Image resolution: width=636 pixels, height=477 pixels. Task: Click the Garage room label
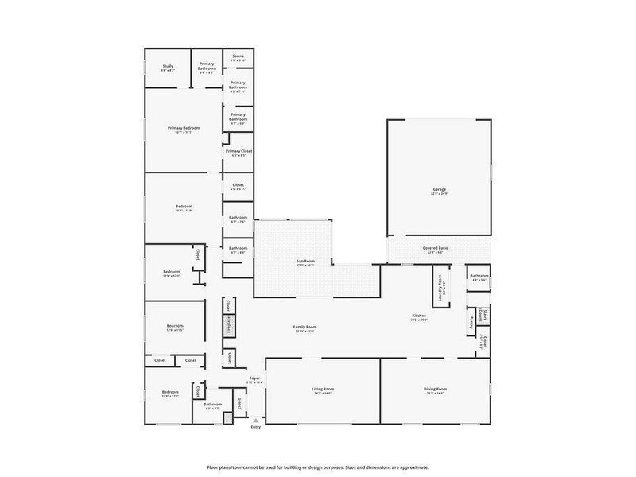[440, 189]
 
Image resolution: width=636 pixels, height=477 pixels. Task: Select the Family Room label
[305, 327]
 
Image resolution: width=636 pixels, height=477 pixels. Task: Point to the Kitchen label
[420, 316]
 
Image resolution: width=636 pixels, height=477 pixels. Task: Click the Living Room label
[322, 389]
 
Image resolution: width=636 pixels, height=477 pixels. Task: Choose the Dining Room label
[436, 389]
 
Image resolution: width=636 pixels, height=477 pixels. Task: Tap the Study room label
[168, 66]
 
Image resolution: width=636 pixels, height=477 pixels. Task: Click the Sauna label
[238, 56]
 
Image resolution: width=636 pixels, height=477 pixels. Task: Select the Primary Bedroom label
[184, 128]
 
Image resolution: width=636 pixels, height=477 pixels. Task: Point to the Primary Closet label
[238, 151]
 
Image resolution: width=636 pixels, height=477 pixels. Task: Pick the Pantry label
[471, 321]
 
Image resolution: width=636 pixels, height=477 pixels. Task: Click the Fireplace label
[228, 326]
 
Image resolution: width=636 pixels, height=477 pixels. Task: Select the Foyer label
[255, 378]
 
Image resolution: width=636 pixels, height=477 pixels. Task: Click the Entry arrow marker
[255, 419]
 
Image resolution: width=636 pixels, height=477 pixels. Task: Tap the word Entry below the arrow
[255, 427]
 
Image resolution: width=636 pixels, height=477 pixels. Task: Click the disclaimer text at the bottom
[318, 467]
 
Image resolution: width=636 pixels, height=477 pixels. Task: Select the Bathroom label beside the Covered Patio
[479, 277]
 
